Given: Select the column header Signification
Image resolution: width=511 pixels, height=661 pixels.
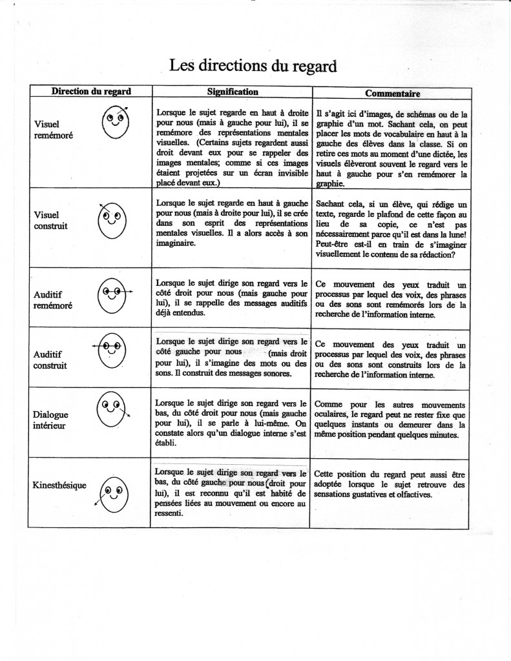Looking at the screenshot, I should pyautogui.click(x=233, y=92).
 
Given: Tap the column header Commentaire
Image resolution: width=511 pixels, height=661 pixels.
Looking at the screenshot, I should pyautogui.click(x=391, y=94).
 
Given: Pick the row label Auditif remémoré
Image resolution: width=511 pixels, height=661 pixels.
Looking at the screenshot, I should pyautogui.click(x=52, y=300).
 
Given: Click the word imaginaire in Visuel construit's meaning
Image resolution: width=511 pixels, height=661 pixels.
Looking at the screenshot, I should pyautogui.click(x=178, y=244).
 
